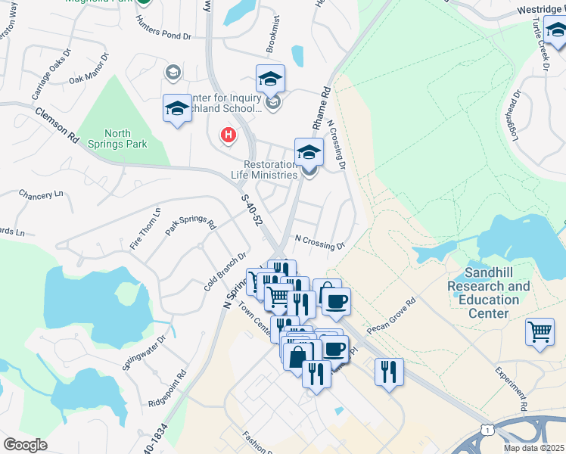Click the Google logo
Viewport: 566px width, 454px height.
(x=25, y=445)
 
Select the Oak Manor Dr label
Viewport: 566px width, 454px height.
(x=89, y=68)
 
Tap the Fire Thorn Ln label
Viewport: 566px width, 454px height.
(x=146, y=229)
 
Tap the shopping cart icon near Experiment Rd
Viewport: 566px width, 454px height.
(x=540, y=331)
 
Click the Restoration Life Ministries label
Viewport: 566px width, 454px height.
(x=270, y=169)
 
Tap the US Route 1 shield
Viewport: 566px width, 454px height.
(x=487, y=431)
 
